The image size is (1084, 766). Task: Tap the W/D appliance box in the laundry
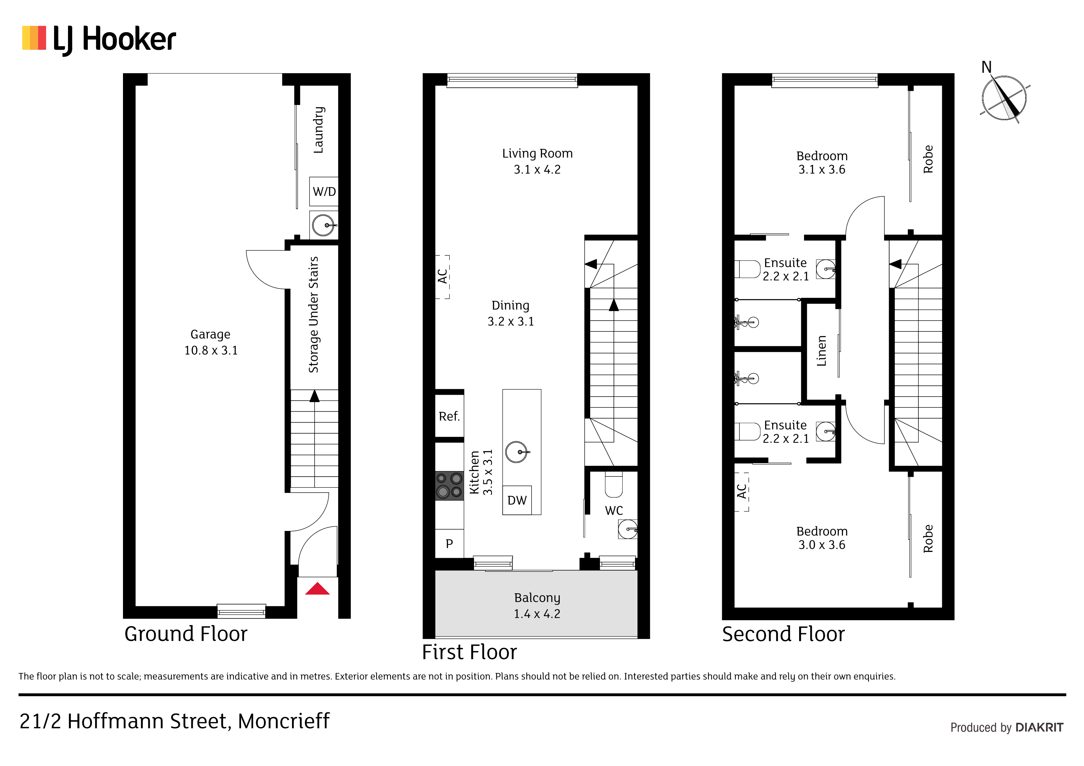tap(324, 191)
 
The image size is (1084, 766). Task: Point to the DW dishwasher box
tap(517, 500)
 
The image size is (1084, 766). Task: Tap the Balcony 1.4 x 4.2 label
tap(537, 605)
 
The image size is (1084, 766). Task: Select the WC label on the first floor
tap(614, 510)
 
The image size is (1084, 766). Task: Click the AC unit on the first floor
tap(442, 276)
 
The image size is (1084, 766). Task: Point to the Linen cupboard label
tap(822, 351)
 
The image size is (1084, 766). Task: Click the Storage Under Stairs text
tap(314, 314)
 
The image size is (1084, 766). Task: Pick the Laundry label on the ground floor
tap(319, 130)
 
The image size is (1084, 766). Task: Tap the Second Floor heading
tap(783, 634)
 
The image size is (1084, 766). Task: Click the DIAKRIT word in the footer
tap(1039, 727)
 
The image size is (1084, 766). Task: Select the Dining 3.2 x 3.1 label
tap(510, 313)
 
